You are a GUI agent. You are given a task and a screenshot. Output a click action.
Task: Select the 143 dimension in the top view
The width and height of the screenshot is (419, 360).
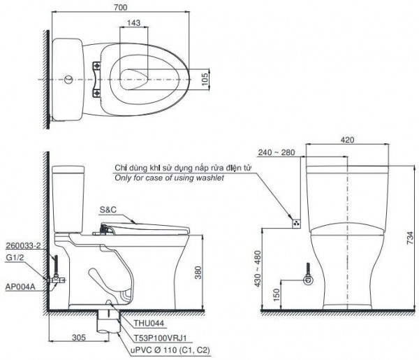click(135, 23)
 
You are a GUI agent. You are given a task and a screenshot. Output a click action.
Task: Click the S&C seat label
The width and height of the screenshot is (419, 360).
click(108, 210)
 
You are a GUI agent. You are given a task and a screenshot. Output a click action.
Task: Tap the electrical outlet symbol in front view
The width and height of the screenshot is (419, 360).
click(296, 223)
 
